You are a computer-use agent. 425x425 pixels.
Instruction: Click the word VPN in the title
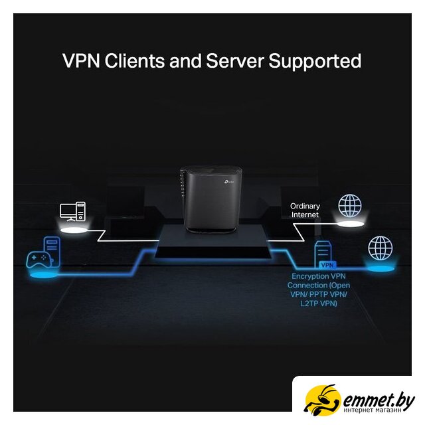click(x=81, y=60)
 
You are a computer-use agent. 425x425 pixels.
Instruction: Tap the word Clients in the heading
click(x=134, y=60)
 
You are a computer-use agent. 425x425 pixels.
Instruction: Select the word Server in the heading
click(x=234, y=60)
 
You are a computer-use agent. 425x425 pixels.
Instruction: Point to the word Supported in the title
click(x=315, y=61)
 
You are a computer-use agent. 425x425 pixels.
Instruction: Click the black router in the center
click(x=211, y=199)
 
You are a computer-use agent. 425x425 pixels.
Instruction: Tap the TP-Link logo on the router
click(x=228, y=181)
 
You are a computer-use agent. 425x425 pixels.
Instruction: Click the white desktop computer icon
click(x=72, y=211)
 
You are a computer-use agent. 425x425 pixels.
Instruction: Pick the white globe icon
click(x=350, y=206)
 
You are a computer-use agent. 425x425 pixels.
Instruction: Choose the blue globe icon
click(x=381, y=248)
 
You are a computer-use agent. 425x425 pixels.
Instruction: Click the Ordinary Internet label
click(x=305, y=211)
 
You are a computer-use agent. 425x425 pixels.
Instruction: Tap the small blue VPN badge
click(x=327, y=265)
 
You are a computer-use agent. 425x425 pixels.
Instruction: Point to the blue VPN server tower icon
click(x=323, y=254)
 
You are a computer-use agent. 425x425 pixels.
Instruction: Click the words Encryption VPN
click(x=319, y=276)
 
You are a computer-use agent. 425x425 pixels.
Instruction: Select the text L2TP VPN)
click(x=319, y=303)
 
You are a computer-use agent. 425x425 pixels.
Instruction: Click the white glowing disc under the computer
click(x=74, y=230)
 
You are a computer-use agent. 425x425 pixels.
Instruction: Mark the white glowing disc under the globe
click(x=350, y=224)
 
